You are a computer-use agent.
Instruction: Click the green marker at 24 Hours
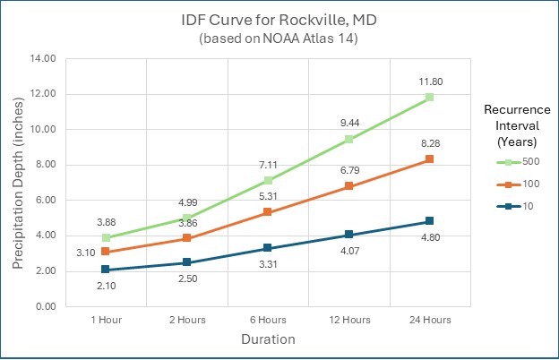pyautogui.click(x=430, y=97)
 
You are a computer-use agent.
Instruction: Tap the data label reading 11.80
pyautogui.click(x=430, y=81)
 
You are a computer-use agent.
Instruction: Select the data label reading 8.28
pyautogui.click(x=431, y=143)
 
